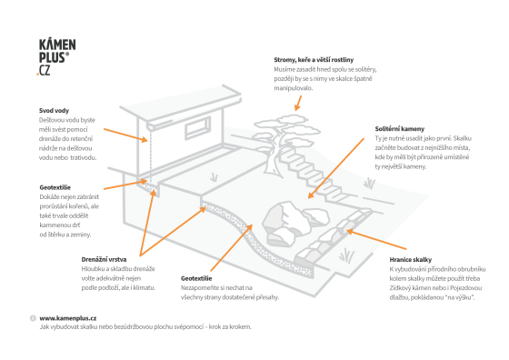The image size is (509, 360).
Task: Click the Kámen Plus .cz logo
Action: [56, 57]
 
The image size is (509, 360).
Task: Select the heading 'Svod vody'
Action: [54, 111]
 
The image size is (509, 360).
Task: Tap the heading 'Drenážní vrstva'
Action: [104, 259]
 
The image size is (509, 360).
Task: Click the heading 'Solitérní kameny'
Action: [400, 129]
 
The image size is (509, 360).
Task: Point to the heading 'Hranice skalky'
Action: [411, 260]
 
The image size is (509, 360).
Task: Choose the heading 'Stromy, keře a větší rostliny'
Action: [314, 60]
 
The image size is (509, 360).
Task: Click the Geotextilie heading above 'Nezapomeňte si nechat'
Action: [196, 278]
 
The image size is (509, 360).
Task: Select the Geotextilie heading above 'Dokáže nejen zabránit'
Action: [55, 187]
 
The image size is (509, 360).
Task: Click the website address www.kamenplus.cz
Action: [68, 318]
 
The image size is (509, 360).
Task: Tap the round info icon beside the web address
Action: [33, 318]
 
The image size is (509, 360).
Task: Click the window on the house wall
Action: [197, 128]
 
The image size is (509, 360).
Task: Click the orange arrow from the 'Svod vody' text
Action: [125, 135]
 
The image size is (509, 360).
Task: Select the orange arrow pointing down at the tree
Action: [298, 104]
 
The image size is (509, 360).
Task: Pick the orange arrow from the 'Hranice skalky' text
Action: [376, 240]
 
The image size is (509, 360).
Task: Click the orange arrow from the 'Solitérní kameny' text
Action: [336, 168]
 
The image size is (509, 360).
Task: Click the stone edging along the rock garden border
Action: [334, 236]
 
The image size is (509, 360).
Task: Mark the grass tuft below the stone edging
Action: [346, 255]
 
